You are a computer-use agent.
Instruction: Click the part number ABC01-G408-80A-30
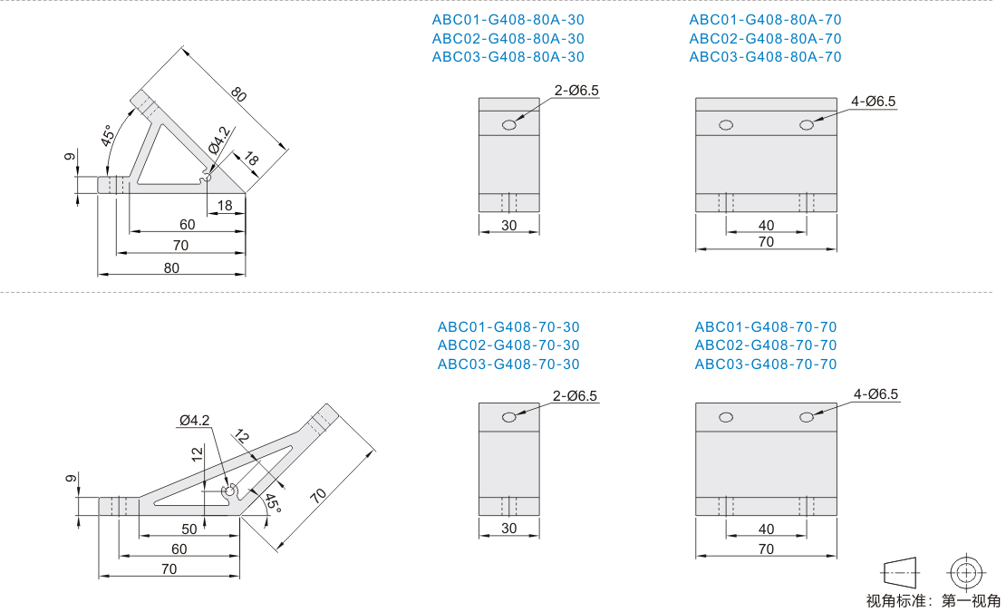coord(508,20)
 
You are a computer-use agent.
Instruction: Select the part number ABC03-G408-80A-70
coord(766,57)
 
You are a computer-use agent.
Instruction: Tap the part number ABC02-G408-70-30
coord(508,345)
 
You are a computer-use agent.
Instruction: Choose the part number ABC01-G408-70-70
coord(766,326)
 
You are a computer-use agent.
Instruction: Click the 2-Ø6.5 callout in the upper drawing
coord(576,91)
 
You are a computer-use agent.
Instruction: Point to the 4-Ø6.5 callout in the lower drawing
coord(875,393)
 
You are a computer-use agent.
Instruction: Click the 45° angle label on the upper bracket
coord(108,135)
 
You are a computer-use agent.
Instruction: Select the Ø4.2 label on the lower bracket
coord(194,420)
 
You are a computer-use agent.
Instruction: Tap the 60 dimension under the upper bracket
coord(188,225)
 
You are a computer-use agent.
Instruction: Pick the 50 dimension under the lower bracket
coord(189,529)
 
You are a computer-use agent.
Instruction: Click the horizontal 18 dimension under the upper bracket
coord(225,205)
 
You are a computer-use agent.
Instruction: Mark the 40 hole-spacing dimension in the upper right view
coord(766,225)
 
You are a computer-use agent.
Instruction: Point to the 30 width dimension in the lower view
coord(508,528)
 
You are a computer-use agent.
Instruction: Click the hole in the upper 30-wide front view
coord(508,125)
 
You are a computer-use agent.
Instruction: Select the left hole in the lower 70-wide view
coord(726,418)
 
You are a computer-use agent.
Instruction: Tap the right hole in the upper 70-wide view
coord(807,125)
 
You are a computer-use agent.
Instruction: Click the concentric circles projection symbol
coord(966,571)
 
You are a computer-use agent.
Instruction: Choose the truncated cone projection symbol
coord(899,572)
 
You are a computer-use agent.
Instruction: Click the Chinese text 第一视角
coord(971,601)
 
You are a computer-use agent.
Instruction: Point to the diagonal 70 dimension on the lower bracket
coord(318,495)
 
